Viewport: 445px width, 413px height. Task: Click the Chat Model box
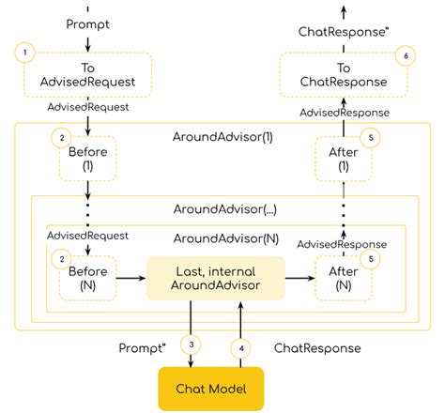(207, 387)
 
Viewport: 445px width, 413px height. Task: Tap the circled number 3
(192, 344)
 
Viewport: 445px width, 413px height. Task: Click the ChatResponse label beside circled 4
(317, 347)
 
